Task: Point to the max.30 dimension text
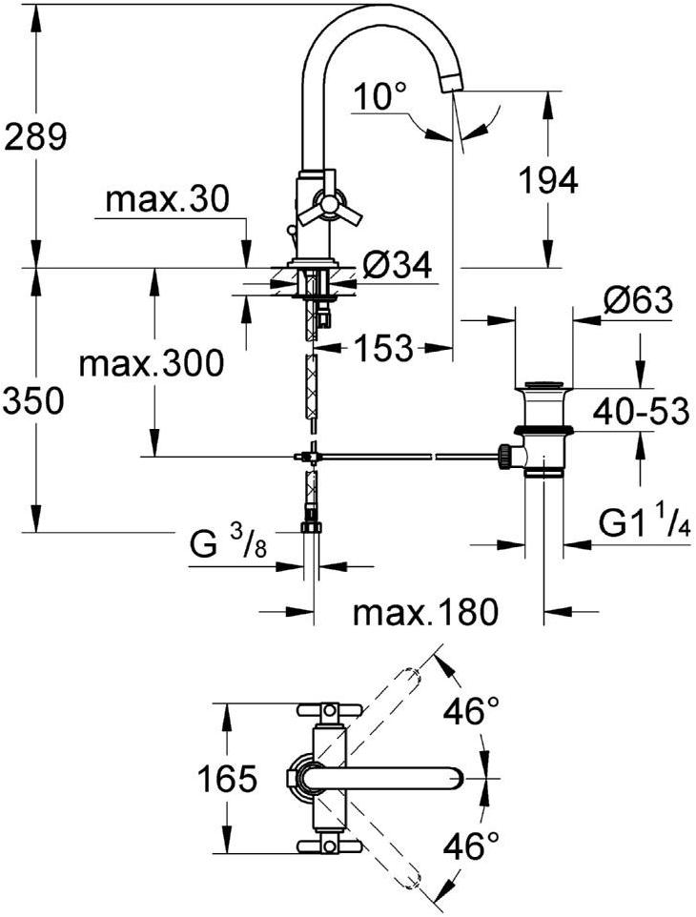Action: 168,199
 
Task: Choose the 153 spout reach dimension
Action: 382,348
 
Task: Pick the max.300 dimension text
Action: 151,362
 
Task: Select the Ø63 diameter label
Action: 636,301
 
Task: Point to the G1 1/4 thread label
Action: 644,522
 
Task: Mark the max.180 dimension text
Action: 425,613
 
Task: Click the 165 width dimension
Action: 226,781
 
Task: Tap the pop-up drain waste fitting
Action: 544,429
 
